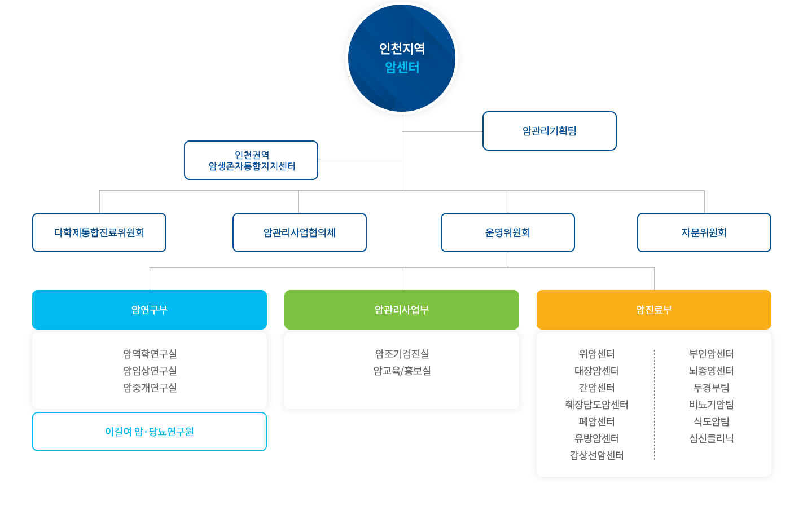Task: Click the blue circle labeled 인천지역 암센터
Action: coord(401,58)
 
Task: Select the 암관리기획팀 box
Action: coord(549,131)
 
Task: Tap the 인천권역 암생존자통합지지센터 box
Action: coord(251,160)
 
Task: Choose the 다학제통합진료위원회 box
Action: coord(99,232)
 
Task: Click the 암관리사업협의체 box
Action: coord(300,232)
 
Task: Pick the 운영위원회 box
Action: coord(507,232)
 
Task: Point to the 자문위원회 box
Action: coord(704,232)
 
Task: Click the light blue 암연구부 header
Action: coord(150,309)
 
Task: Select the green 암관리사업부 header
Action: coord(401,309)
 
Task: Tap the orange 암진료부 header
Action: coord(653,309)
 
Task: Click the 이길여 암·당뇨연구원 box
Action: coord(150,432)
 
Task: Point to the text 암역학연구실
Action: coord(150,354)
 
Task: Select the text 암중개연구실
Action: coord(150,388)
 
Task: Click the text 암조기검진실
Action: coord(402,354)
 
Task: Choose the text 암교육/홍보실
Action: coord(402,371)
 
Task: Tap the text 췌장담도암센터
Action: coord(596,405)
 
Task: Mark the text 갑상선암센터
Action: coord(596,455)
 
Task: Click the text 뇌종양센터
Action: coord(711,371)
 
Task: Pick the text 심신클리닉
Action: coord(711,438)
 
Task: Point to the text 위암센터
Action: coord(596,354)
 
